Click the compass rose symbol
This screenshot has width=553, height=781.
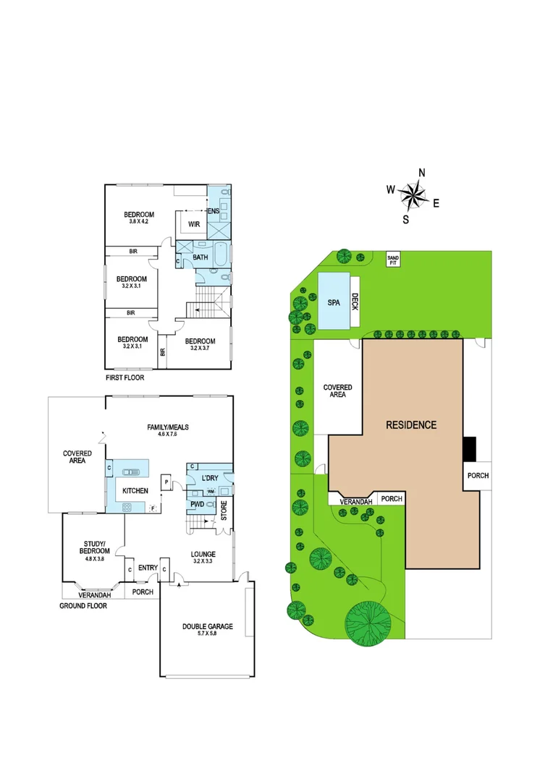coord(413,194)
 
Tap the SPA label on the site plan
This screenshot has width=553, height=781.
coord(333,303)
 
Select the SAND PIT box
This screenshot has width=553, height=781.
coord(393,259)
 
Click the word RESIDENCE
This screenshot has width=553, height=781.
coord(411,424)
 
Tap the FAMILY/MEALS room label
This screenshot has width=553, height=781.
coord(168,427)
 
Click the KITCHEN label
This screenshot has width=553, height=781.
coord(135,491)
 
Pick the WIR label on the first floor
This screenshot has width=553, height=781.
coord(194,224)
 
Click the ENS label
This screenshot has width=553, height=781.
coord(214,210)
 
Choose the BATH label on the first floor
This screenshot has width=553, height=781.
coord(200,257)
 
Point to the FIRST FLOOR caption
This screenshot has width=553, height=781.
coord(125,377)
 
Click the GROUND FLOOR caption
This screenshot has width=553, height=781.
coord(83,605)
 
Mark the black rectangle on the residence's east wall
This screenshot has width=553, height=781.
coord(470,448)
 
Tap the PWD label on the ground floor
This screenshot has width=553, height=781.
coord(196,504)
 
